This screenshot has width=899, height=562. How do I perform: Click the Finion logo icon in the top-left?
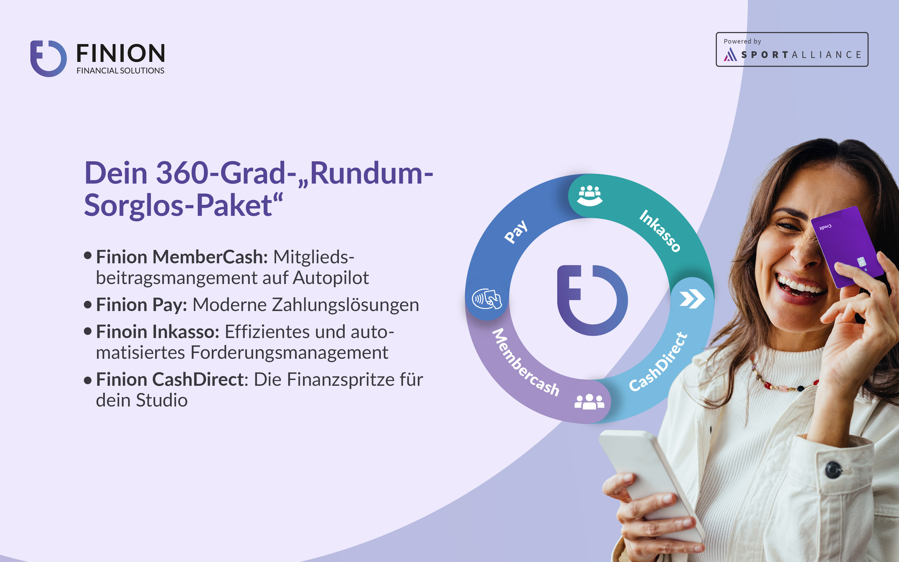[x=48, y=58]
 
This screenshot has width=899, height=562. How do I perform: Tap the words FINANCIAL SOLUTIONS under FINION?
[x=120, y=71]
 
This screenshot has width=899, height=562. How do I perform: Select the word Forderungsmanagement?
[x=289, y=353]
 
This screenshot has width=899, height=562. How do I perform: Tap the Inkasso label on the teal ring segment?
[x=660, y=231]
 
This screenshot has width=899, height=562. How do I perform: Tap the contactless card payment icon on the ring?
[x=487, y=298]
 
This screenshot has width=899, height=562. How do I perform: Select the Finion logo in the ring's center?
[x=592, y=300]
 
